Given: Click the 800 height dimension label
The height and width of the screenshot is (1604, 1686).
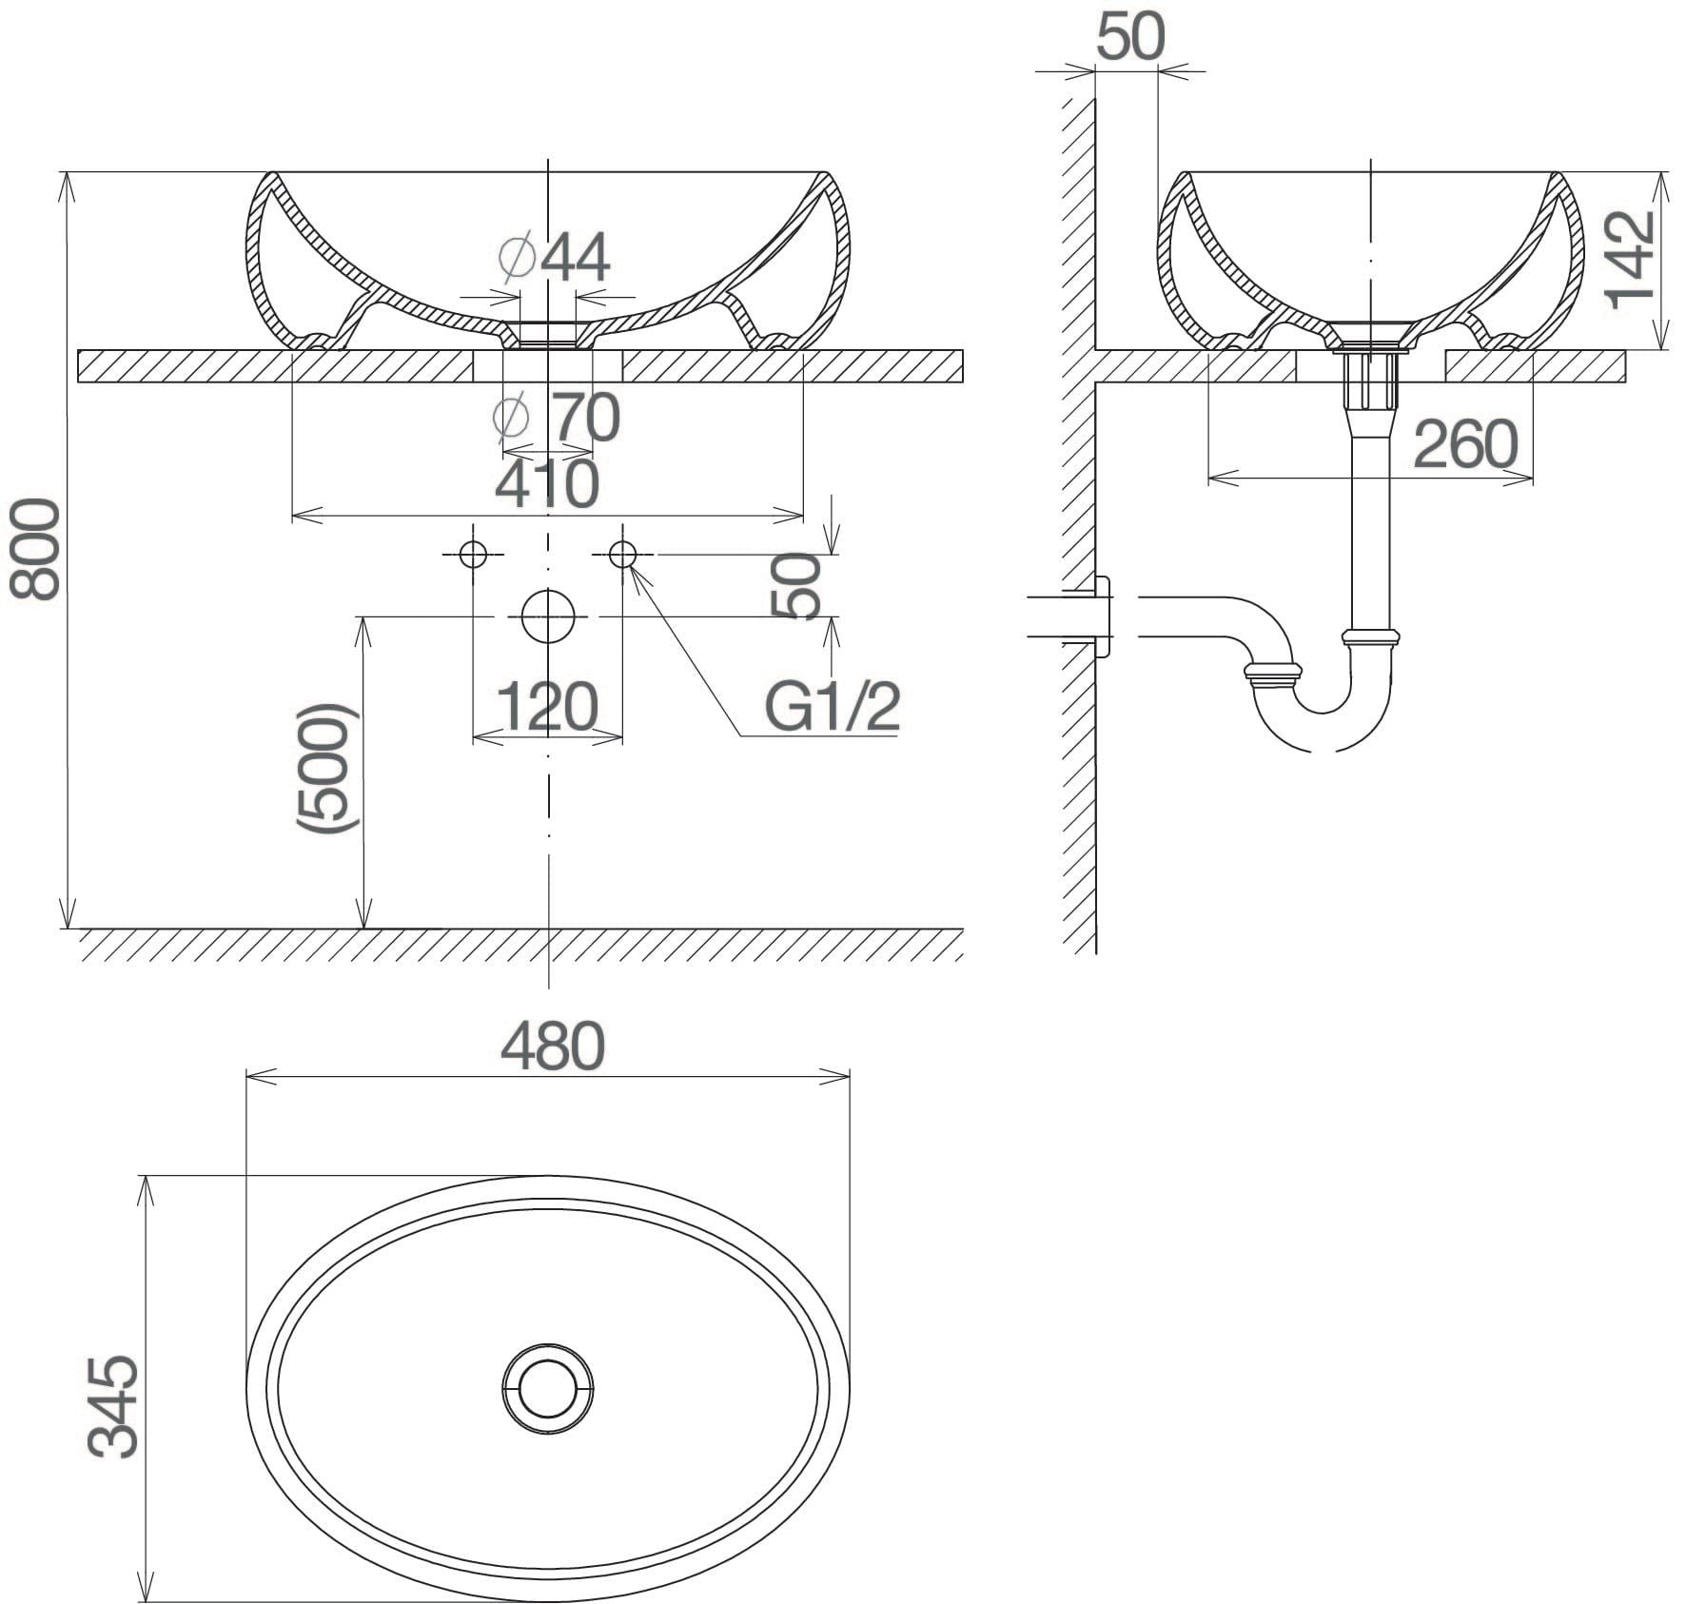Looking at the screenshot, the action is (35, 551).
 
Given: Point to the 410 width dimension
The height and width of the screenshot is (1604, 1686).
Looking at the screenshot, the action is (547, 482).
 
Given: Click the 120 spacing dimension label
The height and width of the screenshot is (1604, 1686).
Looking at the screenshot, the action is (547, 706).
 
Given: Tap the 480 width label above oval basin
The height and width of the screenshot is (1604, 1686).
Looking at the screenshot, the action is (552, 1046).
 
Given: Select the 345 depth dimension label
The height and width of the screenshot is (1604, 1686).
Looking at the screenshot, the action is (113, 1407).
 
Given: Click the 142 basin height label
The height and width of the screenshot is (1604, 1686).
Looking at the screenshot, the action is (1630, 259).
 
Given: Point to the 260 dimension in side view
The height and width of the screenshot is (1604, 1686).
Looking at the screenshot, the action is (1465, 444).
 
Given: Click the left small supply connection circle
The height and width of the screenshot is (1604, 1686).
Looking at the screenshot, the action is (473, 554).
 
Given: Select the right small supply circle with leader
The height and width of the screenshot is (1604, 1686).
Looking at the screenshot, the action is (622, 554).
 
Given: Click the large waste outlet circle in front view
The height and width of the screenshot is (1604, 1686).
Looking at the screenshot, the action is (548, 616).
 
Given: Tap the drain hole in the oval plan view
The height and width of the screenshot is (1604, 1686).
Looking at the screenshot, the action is (547, 1388).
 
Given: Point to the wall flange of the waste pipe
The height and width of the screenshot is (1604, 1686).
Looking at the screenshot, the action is (1103, 616).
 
